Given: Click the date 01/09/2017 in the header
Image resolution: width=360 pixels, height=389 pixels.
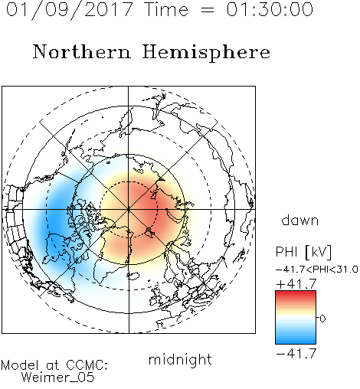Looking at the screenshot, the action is [x=70, y=10].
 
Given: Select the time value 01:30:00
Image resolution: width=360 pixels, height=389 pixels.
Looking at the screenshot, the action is [x=270, y=9].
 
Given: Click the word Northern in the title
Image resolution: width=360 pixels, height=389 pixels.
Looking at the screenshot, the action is [x=82, y=51].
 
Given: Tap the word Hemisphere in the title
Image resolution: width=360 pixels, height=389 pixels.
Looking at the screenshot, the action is [x=206, y=53].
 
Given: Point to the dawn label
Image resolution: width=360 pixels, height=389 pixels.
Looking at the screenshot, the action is [x=300, y=220].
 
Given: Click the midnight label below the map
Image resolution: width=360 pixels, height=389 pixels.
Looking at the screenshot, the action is [x=180, y=360].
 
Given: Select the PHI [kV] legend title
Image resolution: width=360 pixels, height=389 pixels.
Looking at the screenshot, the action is [x=303, y=252].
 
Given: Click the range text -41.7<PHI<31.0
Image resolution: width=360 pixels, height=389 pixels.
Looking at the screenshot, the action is [x=316, y=270].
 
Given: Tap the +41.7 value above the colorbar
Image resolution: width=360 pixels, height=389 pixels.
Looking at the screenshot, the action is [x=296, y=284].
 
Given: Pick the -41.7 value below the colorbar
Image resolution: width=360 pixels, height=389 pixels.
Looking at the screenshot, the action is [x=296, y=354].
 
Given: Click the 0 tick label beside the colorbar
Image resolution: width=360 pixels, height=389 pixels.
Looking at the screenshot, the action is [x=322, y=319].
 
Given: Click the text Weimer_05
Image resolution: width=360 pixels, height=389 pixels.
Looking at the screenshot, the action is [x=57, y=378].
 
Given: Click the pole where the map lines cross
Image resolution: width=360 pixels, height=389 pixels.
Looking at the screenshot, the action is [x=129, y=210].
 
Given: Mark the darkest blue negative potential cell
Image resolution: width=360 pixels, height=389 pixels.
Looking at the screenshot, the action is [x=55, y=220].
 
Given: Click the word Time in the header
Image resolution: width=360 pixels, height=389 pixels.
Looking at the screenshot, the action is [x=166, y=9].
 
